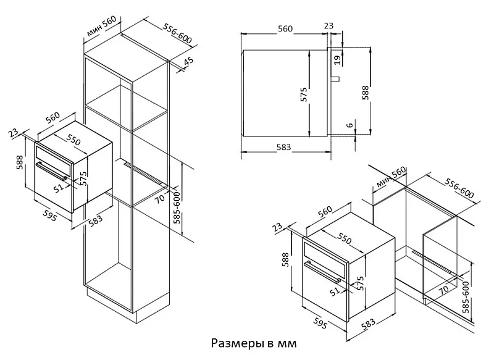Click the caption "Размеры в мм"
pyautogui.click(x=253, y=342)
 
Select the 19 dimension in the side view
pyautogui.click(x=337, y=59)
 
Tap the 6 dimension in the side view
pyautogui.click(x=350, y=126)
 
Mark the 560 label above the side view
pyautogui.click(x=285, y=29)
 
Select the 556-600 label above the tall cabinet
pyautogui.click(x=178, y=35)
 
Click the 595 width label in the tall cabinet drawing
pyautogui.click(x=50, y=216)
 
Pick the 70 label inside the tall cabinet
pyautogui.click(x=159, y=199)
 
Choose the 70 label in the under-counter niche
pyautogui.click(x=443, y=287)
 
